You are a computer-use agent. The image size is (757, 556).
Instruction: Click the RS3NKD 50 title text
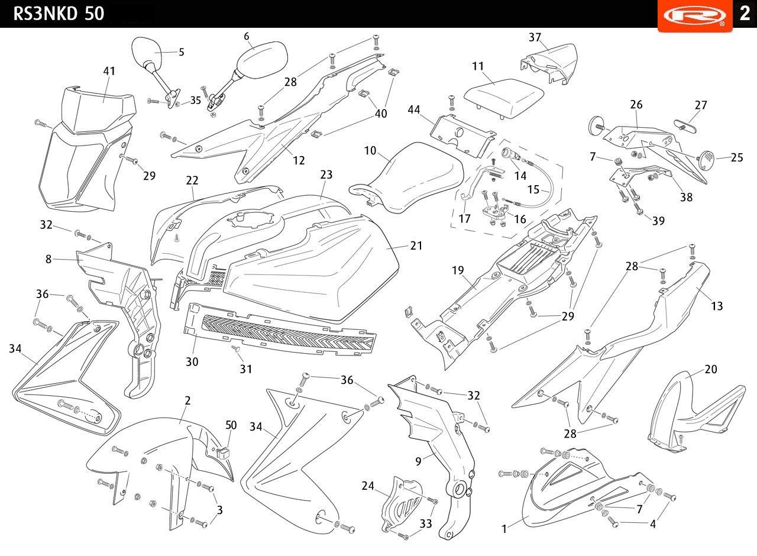point(59,14)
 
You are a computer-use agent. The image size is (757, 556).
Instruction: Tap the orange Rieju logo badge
point(695,15)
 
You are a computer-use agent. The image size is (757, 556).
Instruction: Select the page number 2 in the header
point(745,14)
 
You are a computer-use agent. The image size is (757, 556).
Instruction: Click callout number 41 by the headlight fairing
point(109,71)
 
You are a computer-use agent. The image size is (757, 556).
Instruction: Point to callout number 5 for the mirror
point(182,52)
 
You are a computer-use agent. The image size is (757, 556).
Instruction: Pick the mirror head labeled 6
point(261,56)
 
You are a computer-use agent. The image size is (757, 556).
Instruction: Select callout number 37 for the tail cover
point(535,37)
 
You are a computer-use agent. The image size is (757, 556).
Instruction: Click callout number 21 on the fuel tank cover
point(416,245)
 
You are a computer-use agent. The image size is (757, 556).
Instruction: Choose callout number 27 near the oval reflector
point(701,105)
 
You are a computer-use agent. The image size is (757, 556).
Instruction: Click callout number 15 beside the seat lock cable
point(533,190)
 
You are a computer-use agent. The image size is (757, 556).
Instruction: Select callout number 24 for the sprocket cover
point(368,486)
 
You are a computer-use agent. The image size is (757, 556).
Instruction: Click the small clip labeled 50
point(223,453)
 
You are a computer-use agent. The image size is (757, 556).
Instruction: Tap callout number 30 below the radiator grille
point(192,362)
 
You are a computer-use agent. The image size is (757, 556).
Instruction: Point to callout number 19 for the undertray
point(458,270)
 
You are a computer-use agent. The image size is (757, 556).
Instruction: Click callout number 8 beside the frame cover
point(48,259)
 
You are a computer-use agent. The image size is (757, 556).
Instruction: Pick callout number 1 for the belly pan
point(504,529)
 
